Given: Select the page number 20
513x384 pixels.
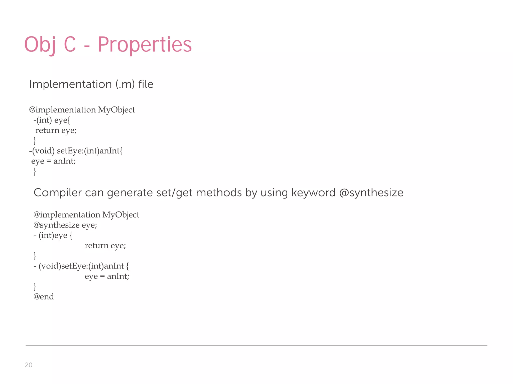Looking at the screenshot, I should pos(29,365).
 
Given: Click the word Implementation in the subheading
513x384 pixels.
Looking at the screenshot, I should pos(70,84).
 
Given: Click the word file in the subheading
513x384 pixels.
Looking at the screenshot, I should pos(146,84).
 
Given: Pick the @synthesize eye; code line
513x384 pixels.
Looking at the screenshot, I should pos(65,225).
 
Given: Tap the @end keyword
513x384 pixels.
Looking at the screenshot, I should pos(44,296).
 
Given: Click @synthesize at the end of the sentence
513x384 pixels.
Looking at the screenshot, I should pos(371,193).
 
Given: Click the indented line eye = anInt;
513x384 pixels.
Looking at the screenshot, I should pos(107,276).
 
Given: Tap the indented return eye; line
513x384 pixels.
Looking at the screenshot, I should pos(105,245).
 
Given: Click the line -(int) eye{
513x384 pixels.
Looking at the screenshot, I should pos(52,120).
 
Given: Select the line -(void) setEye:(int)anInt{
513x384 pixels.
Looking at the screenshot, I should pos(76,151).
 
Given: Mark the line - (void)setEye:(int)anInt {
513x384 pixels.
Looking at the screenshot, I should pos(81,266).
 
